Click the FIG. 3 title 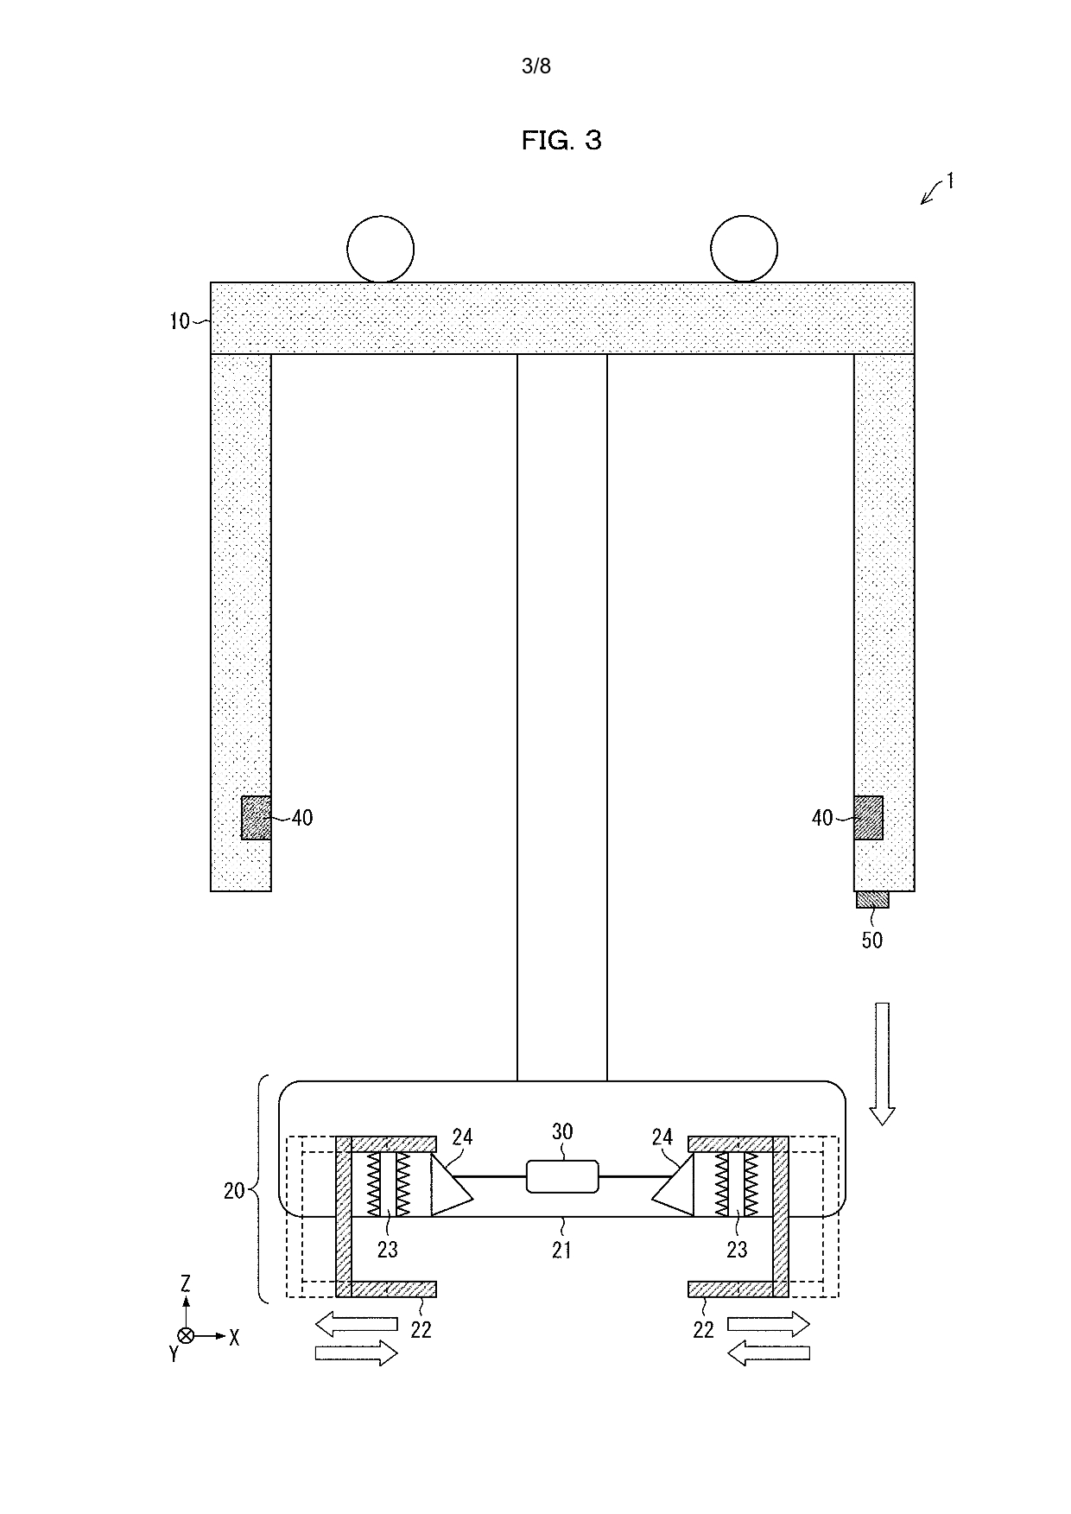coord(561,140)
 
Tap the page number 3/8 coord(536,67)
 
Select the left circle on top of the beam coord(380,249)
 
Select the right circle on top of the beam coord(744,249)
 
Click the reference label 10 coord(179,322)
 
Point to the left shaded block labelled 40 coord(256,818)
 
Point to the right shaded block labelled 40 coord(869,818)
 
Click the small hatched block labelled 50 coord(872,900)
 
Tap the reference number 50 coord(872,940)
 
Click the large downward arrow coord(882,1064)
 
